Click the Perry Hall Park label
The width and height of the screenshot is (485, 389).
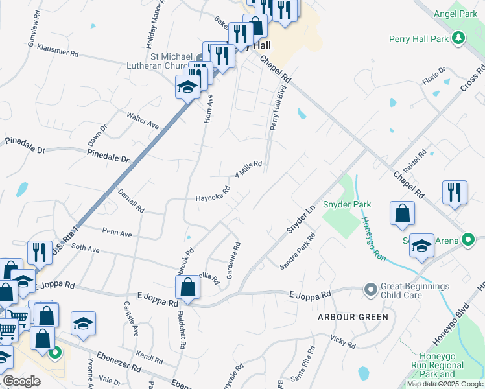click(419, 39)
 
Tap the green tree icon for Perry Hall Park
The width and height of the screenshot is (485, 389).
click(459, 38)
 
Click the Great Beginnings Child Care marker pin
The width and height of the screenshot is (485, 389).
click(370, 289)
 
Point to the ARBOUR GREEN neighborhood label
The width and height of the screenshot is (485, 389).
click(353, 317)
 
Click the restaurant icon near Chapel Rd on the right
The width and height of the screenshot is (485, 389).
click(455, 193)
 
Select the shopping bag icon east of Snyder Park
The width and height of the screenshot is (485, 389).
click(403, 214)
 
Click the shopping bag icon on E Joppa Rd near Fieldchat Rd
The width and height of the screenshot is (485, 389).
click(187, 287)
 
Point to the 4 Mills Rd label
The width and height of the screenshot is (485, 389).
click(248, 170)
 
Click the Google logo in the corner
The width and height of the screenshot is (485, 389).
click(22, 381)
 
